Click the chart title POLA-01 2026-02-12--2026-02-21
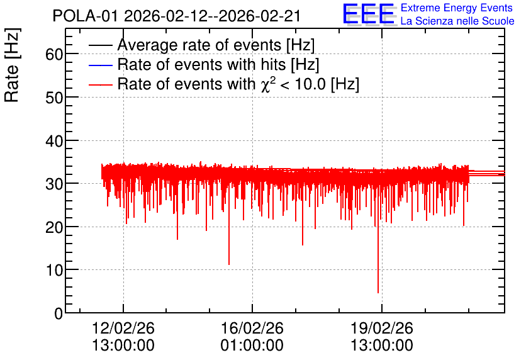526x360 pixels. [x=176, y=16]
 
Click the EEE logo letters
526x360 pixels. [x=369, y=14]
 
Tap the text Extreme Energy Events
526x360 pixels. [x=457, y=8]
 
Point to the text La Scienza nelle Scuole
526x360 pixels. [x=457, y=21]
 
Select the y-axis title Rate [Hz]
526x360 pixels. [x=12, y=65]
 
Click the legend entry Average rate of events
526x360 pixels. [x=216, y=45]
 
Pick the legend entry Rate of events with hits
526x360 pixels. [x=218, y=64]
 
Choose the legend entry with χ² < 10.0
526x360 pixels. [x=238, y=84]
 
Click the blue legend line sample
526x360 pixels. [x=100, y=65]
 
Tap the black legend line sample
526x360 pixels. [x=100, y=45]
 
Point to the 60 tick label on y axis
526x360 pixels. [x=54, y=54]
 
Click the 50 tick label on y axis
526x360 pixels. [x=54, y=98]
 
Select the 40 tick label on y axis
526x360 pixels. [x=54, y=140]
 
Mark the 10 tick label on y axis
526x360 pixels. [x=54, y=270]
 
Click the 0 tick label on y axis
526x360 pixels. [x=59, y=313]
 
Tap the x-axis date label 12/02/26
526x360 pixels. [x=123, y=328]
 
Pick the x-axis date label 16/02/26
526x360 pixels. [x=252, y=328]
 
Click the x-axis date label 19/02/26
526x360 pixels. [x=382, y=328]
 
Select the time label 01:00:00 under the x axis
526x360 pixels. [x=252, y=346]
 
